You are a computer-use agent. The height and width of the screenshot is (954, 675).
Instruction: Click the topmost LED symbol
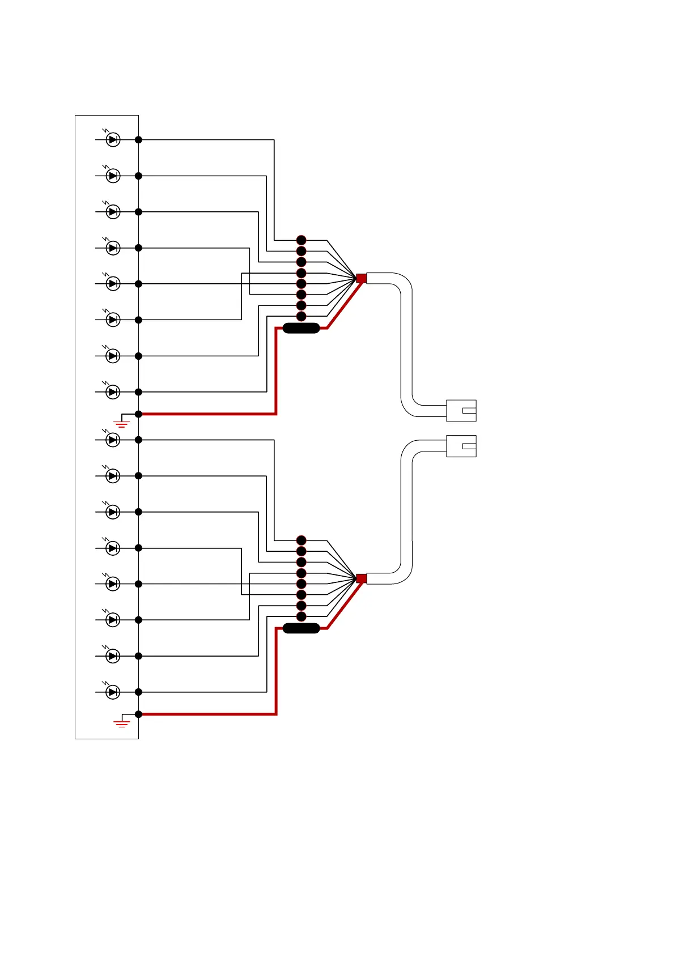(113, 139)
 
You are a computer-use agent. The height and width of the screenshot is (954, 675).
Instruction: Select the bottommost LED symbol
(113, 692)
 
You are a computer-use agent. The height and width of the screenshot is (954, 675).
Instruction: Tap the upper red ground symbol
(122, 423)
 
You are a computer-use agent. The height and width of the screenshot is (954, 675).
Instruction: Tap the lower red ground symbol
(122, 723)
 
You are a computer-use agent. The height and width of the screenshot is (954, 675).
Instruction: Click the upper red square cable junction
(361, 278)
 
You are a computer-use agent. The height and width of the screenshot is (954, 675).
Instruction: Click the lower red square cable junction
(361, 578)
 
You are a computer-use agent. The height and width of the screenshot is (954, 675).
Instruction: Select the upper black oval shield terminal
(301, 328)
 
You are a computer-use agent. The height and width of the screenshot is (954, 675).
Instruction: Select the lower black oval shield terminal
(301, 628)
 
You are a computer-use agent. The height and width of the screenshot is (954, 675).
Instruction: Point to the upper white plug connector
(461, 411)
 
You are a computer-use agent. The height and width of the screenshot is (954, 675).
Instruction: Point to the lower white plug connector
(461, 446)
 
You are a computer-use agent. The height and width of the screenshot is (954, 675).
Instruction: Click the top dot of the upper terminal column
(302, 240)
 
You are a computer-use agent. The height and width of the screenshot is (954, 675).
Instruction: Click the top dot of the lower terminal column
(302, 540)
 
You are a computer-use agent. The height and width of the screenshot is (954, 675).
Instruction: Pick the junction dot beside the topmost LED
(138, 139)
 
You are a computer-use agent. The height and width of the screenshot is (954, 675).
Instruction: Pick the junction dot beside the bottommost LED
(138, 692)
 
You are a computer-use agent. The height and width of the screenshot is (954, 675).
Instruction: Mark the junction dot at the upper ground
(138, 414)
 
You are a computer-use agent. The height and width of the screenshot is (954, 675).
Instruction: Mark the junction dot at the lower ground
(138, 714)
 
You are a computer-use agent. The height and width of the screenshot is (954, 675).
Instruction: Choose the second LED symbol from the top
(113, 176)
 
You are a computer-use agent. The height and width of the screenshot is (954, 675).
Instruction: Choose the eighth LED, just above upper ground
(113, 391)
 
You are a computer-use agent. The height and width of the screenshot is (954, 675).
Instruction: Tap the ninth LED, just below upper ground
(113, 440)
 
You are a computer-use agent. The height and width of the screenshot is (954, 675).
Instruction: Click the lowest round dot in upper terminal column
(302, 316)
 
